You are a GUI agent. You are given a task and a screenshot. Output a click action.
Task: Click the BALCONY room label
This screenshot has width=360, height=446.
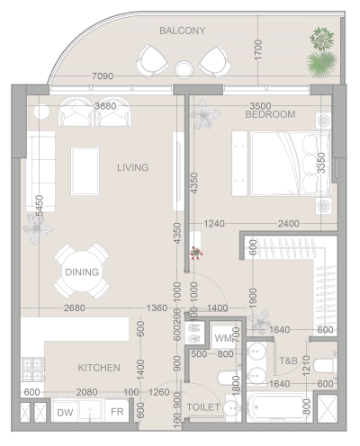[x=183, y=31]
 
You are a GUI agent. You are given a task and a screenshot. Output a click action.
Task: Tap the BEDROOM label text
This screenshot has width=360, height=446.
[x=271, y=115]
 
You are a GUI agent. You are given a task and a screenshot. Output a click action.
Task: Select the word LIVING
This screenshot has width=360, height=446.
[x=132, y=167]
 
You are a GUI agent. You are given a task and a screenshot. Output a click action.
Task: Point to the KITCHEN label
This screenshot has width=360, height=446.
[x=99, y=368]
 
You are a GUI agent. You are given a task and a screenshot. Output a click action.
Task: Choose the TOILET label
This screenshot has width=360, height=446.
[x=202, y=407]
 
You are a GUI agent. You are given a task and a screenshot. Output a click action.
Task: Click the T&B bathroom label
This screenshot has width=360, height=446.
[x=288, y=361]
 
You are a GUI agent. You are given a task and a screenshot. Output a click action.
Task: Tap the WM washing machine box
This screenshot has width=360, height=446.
[x=223, y=339]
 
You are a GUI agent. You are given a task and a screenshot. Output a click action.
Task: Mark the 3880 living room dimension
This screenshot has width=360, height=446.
[x=104, y=106]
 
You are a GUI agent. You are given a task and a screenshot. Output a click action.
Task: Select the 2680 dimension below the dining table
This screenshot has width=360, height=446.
[x=75, y=308]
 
